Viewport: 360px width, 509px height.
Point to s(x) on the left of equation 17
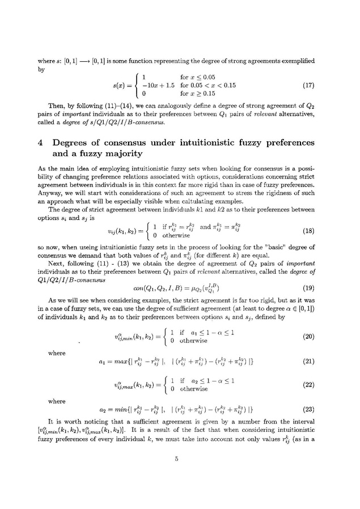tap(122, 86)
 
